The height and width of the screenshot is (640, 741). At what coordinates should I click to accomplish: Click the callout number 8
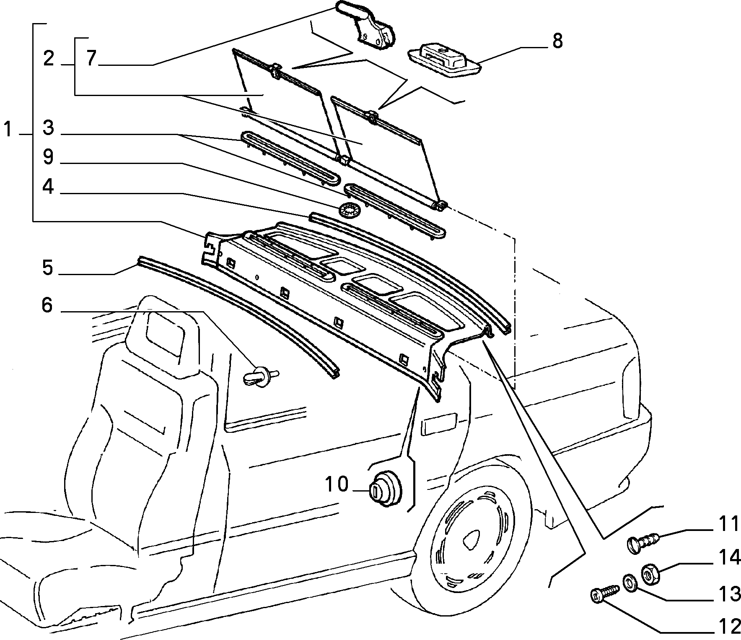click(557, 42)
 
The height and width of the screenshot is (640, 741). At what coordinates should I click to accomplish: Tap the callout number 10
click(337, 484)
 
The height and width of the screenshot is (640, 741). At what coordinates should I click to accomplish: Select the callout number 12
click(729, 627)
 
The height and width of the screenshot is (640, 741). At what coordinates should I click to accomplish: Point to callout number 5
click(48, 267)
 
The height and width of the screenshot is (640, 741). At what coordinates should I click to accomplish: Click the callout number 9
click(48, 157)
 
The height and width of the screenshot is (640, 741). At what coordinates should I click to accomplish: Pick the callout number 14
click(729, 558)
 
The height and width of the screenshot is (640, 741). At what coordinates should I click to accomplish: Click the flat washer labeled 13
click(629, 582)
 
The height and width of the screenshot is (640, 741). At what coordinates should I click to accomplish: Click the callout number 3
click(48, 127)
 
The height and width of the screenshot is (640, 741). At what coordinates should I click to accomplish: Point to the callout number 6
click(47, 305)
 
